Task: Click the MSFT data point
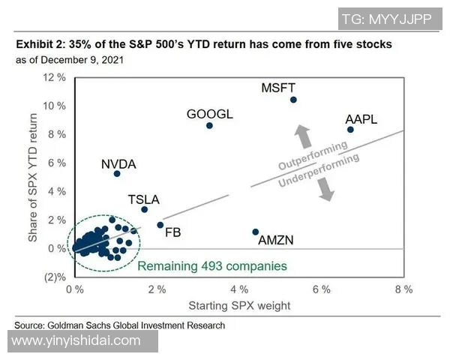293,100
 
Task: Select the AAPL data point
350,130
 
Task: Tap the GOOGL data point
209,125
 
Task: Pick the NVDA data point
117,173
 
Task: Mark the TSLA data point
145,209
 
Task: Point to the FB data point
160,225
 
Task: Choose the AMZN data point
256,232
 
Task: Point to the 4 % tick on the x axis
238,289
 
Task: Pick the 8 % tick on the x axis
403,289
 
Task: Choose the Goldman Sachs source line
120,325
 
